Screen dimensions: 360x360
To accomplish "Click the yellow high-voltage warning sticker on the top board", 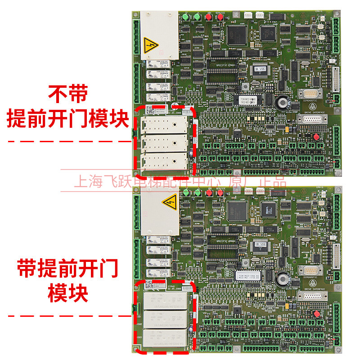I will [x=150, y=45].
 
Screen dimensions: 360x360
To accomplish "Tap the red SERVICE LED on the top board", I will [x=220, y=17].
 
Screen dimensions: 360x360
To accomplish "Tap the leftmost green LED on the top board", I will [x=185, y=17].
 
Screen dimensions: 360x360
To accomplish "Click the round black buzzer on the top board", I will [x=283, y=103].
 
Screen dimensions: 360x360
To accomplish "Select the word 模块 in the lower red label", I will [x=68, y=292].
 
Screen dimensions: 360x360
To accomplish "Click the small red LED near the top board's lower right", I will [x=316, y=136].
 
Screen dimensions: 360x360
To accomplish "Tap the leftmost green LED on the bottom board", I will [x=185, y=193].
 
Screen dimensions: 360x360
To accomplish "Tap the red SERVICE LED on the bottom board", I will [x=220, y=193].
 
